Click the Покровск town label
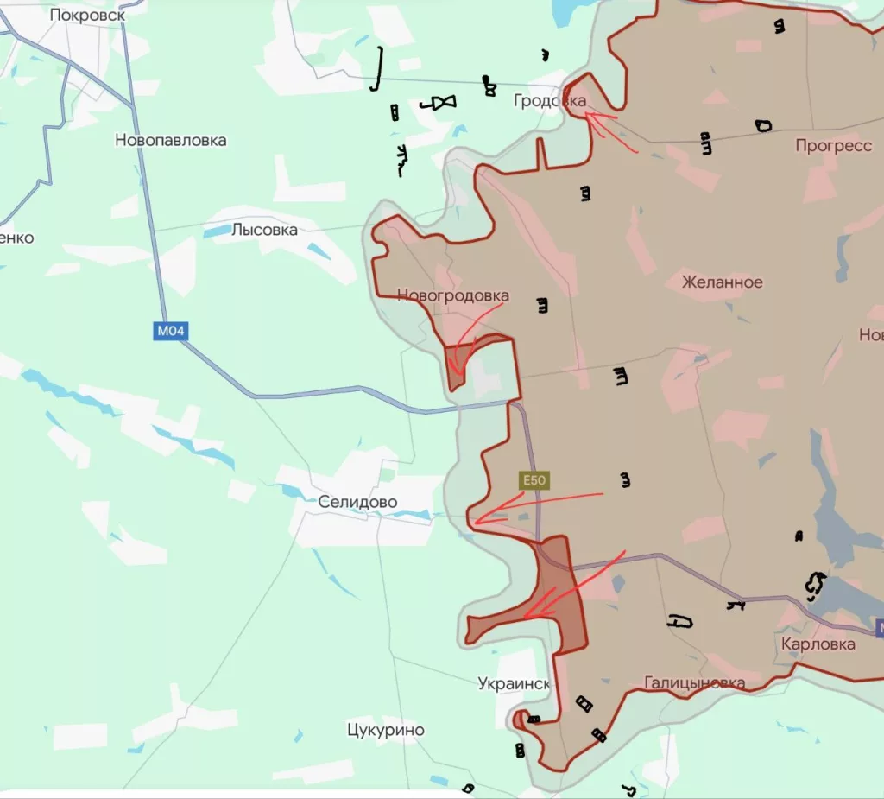[87, 15]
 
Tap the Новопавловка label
[171, 140]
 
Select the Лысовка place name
[264, 230]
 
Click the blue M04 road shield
[170, 330]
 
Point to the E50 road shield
[534, 481]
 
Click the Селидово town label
[357, 502]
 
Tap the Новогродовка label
[452, 296]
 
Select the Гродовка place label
[549, 101]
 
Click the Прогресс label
[833, 146]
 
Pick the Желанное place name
[722, 282]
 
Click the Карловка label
[818, 644]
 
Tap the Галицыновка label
[694, 683]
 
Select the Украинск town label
[514, 683]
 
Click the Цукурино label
[385, 730]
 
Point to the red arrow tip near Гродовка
[587, 112]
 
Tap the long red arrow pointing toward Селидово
[535, 507]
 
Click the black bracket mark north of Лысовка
[377, 69]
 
